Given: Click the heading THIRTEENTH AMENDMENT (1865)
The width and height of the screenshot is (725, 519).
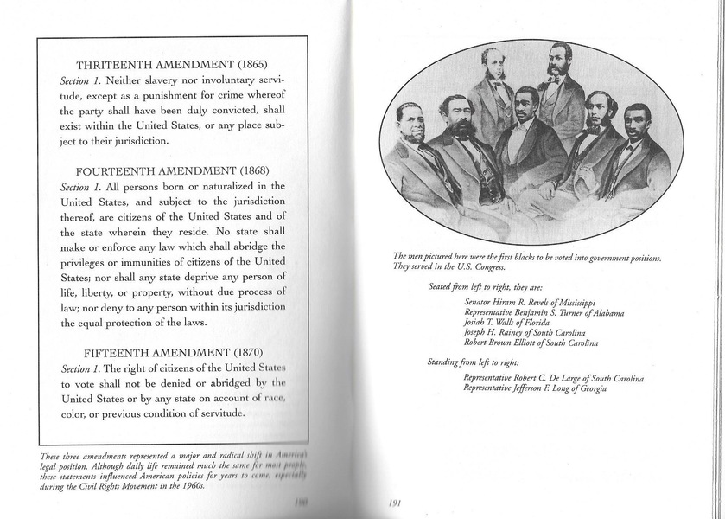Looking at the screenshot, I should click(173, 65).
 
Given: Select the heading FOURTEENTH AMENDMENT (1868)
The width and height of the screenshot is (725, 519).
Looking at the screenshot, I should click(173, 171).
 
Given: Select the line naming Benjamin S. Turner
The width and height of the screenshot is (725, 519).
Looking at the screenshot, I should click(544, 312).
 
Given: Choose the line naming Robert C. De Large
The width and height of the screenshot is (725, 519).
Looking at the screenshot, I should click(554, 378).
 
